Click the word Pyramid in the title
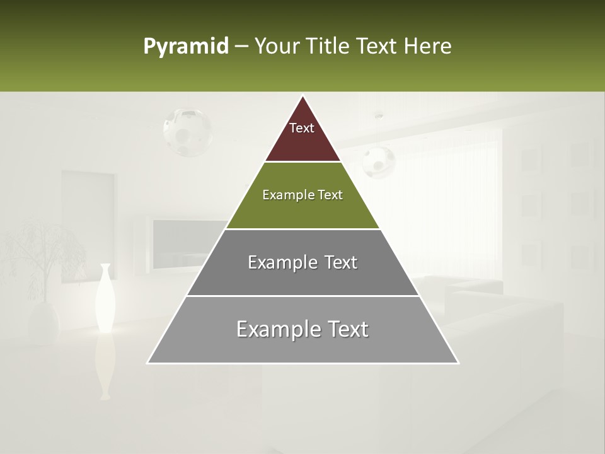tap(185, 47)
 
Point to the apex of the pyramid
tap(302, 96)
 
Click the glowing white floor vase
tap(105, 298)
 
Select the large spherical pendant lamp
tap(187, 132)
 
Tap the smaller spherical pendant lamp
tap(378, 162)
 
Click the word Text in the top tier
tap(302, 128)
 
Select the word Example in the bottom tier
tap(272, 329)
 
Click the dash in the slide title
tap(241, 47)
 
